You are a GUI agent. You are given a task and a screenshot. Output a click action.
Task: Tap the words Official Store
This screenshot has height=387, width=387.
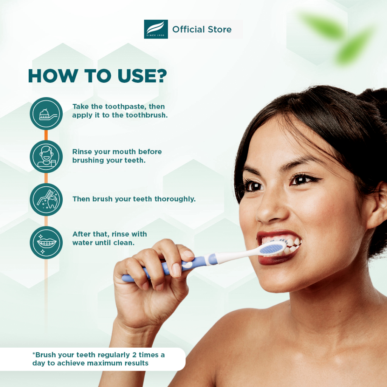click(x=202, y=29)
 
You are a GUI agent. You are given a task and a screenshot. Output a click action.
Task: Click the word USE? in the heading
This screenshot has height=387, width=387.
click(x=142, y=76)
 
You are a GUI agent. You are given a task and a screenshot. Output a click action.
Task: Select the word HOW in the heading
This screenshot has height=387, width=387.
click(x=53, y=76)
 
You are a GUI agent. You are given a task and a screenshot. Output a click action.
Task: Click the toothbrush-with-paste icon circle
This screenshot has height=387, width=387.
click(x=46, y=113)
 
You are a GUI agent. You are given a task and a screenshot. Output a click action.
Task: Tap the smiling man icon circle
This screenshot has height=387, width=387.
click(x=46, y=156)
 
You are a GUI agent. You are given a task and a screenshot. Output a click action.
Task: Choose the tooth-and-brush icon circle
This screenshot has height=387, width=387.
click(x=46, y=200)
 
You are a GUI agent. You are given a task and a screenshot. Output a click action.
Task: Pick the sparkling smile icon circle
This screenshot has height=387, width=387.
click(x=46, y=242)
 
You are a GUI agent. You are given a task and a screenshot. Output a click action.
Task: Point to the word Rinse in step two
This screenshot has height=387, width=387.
click(x=82, y=152)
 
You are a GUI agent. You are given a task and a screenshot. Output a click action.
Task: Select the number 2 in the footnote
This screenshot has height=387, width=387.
click(x=134, y=355)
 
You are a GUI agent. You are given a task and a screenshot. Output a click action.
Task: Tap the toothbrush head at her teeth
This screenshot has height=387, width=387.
click(x=273, y=248)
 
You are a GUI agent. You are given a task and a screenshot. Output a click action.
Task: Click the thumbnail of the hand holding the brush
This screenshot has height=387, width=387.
click(x=176, y=270)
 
